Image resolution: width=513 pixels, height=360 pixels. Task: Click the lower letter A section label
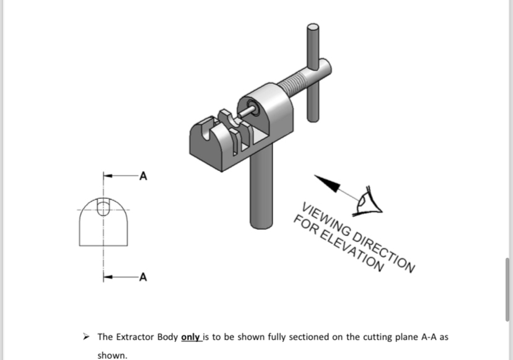pyautogui.click(x=143, y=276)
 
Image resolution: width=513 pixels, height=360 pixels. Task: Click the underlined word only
pyautogui.click(x=190, y=337)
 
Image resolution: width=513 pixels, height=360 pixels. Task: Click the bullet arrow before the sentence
pyautogui.click(x=88, y=338)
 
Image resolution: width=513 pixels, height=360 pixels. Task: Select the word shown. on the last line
pyautogui.click(x=112, y=356)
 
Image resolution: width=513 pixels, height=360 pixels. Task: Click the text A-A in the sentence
pyautogui.click(x=427, y=337)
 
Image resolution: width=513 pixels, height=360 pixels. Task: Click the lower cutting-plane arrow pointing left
pyautogui.click(x=108, y=276)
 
